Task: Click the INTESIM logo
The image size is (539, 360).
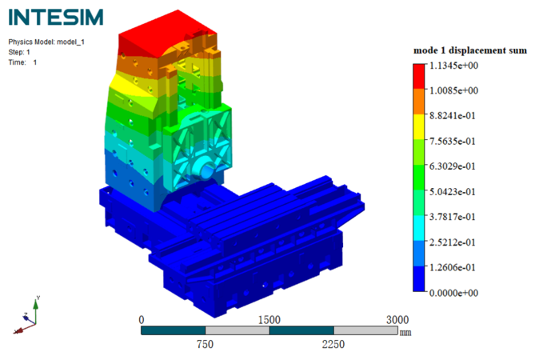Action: (x=56, y=17)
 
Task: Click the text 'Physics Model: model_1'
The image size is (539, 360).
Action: (x=46, y=42)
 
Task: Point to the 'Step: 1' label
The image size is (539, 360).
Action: (x=19, y=52)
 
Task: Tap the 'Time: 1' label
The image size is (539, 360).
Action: (x=22, y=62)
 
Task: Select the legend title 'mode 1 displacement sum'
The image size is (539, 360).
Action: (x=470, y=50)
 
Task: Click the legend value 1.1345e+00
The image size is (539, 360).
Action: (x=453, y=66)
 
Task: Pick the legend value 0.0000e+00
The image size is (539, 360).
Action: (x=453, y=293)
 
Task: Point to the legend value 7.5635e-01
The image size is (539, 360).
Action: (x=453, y=141)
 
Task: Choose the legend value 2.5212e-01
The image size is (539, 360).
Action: (x=453, y=242)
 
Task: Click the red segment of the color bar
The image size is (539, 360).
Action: (x=419, y=76)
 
